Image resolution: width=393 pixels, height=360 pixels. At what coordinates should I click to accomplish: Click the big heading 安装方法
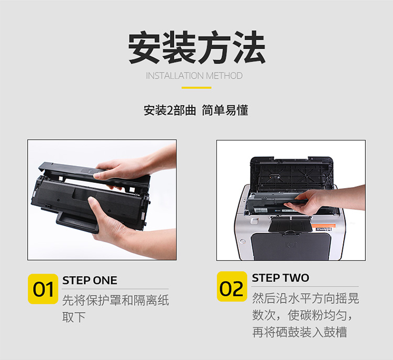(x=196, y=47)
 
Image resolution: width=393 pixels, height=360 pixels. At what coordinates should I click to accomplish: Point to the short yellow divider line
(x=196, y=88)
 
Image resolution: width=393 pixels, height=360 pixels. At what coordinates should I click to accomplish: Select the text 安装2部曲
(x=170, y=111)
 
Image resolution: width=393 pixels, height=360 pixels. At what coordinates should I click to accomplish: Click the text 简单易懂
(x=225, y=111)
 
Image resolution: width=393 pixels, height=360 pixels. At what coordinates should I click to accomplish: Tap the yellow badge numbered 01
(x=43, y=289)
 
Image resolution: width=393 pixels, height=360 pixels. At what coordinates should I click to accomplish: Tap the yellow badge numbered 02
(x=232, y=286)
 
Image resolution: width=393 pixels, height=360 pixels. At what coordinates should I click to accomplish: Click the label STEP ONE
(x=90, y=280)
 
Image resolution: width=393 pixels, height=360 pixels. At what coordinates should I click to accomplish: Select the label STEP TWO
(x=280, y=278)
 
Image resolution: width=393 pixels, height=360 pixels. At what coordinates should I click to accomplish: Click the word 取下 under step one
(x=74, y=317)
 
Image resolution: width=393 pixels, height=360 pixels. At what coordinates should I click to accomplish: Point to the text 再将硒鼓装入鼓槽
(x=300, y=332)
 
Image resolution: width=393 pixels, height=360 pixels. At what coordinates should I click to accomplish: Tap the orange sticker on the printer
(x=323, y=226)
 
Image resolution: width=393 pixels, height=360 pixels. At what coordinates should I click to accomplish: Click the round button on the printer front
(x=243, y=242)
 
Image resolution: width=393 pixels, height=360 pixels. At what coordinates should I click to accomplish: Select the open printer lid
(x=292, y=172)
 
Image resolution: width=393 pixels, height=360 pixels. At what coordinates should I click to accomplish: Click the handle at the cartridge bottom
(x=78, y=222)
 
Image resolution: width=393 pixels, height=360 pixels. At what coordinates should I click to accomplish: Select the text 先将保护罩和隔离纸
(x=116, y=300)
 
